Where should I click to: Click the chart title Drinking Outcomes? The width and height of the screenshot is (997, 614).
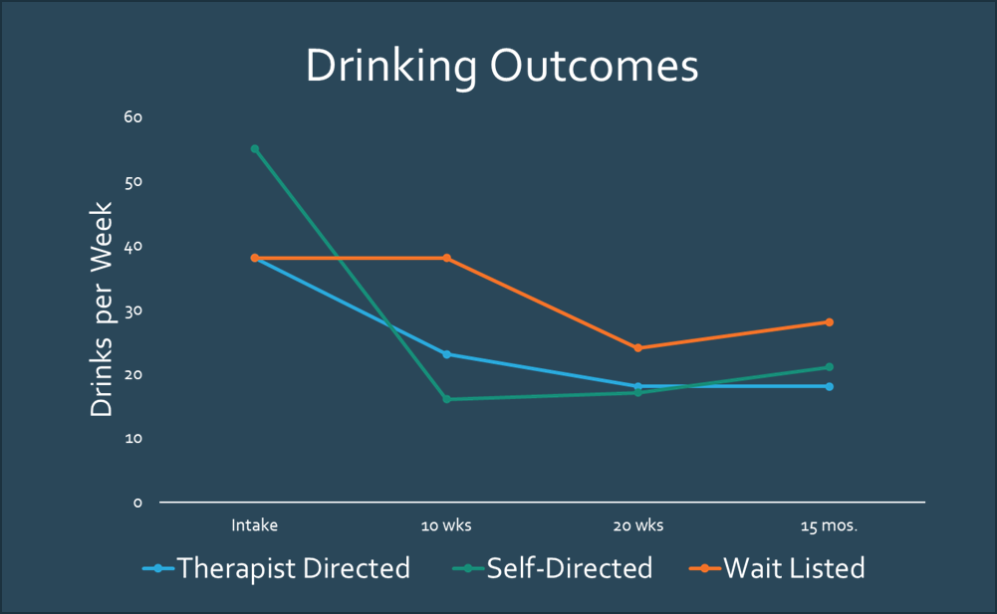pyautogui.click(x=501, y=67)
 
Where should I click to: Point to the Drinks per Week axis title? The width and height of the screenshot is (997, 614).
pyautogui.click(x=103, y=310)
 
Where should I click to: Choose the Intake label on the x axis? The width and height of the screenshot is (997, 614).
pyautogui.click(x=255, y=524)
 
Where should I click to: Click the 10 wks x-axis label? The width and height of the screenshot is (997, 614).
pyautogui.click(x=446, y=524)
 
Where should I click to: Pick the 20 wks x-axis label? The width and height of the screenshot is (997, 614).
pyautogui.click(x=637, y=524)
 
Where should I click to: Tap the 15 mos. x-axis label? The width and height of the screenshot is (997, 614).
pyautogui.click(x=829, y=524)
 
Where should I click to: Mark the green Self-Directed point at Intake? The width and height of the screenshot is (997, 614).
pyautogui.click(x=255, y=149)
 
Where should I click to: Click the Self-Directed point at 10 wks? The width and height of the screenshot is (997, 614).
pyautogui.click(x=446, y=399)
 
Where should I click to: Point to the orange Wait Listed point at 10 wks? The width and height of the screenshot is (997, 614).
pyautogui.click(x=446, y=258)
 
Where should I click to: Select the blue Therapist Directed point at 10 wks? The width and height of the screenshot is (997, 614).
pyautogui.click(x=446, y=354)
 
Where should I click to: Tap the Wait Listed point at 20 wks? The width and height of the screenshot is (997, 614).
pyautogui.click(x=637, y=348)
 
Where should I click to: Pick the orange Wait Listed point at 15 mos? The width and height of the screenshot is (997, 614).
pyautogui.click(x=829, y=322)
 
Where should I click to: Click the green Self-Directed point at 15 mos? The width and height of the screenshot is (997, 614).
pyautogui.click(x=829, y=367)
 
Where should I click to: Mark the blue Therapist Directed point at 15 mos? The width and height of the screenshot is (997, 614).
pyautogui.click(x=829, y=386)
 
